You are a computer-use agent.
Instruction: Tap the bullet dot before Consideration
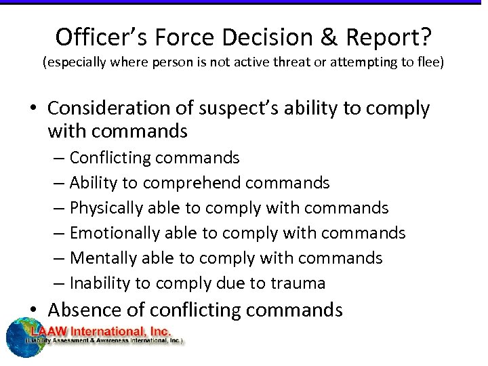click(34, 109)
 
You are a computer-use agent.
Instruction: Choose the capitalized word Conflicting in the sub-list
click(111, 158)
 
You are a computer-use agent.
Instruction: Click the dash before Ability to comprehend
click(57, 183)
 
